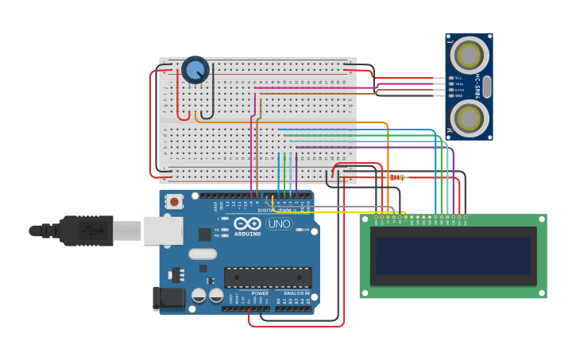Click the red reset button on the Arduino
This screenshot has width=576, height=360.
[174, 201]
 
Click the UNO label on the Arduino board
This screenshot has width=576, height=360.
[278, 224]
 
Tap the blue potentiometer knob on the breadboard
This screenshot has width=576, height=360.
[195, 69]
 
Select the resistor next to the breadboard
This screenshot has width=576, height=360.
[397, 177]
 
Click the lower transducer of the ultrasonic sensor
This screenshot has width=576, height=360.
[470, 118]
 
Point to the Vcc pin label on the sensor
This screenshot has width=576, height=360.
[458, 78]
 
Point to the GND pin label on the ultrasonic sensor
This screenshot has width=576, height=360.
[458, 95]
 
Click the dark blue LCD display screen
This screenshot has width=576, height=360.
[454, 256]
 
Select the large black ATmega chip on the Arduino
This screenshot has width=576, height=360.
[267, 277]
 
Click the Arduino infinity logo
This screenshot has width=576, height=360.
[247, 225]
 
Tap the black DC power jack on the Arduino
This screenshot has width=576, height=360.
[168, 298]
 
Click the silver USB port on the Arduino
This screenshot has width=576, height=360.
[163, 230]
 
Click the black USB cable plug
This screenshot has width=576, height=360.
[87, 230]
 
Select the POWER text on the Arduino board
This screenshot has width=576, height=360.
[259, 293]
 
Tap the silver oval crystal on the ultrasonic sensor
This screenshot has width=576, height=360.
[487, 86]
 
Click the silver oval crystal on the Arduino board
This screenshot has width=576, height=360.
[203, 254]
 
